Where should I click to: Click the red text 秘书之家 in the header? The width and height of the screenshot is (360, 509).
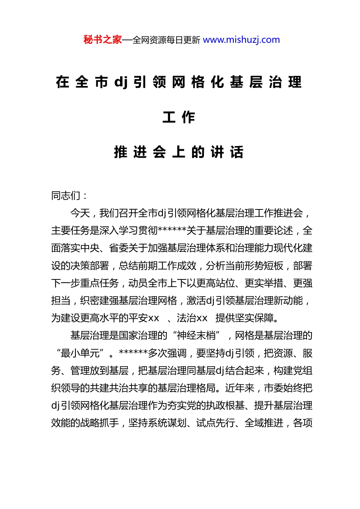click(x=103, y=40)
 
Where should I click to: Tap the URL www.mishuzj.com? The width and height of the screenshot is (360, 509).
click(x=241, y=40)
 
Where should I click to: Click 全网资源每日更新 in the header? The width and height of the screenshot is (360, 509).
click(x=166, y=40)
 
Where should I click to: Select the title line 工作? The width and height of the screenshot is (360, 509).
click(x=179, y=117)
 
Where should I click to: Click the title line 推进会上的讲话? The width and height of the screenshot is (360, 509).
click(x=179, y=152)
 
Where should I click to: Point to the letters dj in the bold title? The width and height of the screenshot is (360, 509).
click(x=121, y=82)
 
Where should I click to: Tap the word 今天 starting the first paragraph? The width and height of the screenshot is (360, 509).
click(x=80, y=213)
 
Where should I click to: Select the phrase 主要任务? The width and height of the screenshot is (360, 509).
click(x=70, y=231)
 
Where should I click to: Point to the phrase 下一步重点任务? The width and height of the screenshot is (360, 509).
click(x=85, y=283)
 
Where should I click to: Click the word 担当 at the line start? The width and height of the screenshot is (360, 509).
click(x=61, y=300)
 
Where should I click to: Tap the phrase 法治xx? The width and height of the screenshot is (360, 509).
click(x=192, y=318)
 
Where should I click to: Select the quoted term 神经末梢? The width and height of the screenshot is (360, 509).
click(x=196, y=335)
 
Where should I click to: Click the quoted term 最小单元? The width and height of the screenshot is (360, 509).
click(x=80, y=353)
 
